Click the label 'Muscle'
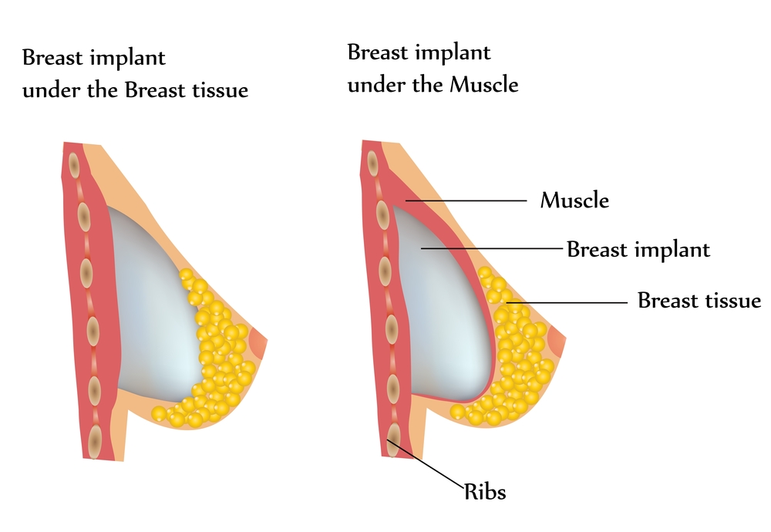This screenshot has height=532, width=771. click(574, 201)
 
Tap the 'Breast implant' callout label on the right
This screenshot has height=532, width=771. click(638, 250)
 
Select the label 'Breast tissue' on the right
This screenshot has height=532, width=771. click(699, 301)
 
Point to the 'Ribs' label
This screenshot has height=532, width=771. click(485, 491)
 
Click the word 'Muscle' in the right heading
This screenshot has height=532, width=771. click(474, 84)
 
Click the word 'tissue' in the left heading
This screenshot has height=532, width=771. click(220, 90)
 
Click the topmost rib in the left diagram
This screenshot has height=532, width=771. click(74, 164)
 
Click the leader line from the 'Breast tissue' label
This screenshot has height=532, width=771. click(567, 303)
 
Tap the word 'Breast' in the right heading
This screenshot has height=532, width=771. click(375, 53)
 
